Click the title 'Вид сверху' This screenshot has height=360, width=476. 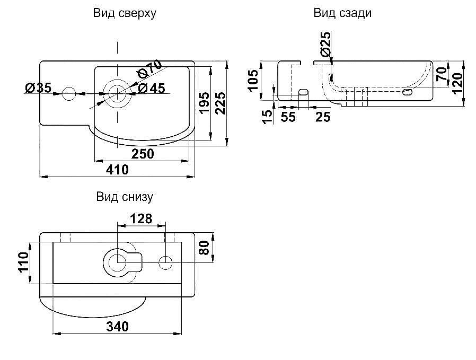(125, 14)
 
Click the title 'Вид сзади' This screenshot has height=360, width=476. (342, 14)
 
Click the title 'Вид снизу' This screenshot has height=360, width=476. (125, 197)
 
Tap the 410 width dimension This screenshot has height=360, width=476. (117, 170)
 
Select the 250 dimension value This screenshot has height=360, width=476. (143, 154)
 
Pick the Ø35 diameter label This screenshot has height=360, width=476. (38, 88)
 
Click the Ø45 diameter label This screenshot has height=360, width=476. (152, 88)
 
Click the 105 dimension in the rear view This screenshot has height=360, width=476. (253, 80)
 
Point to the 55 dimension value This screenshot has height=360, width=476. (288, 117)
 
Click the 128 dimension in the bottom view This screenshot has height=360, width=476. (142, 218)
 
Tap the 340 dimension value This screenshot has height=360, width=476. (117, 327)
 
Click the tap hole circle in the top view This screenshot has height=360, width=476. (69, 94)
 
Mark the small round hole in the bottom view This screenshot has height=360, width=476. (165, 261)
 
